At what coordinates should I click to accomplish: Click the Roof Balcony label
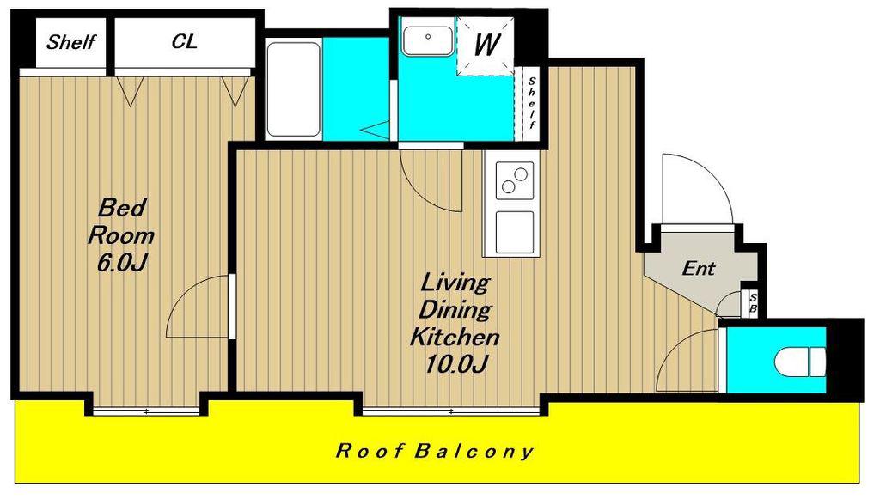[434, 452]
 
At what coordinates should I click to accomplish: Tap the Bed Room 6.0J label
[121, 235]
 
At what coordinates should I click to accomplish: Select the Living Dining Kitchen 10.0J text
[455, 323]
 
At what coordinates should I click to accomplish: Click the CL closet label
[185, 41]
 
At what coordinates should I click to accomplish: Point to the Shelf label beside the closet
[70, 41]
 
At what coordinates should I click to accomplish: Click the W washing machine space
[486, 45]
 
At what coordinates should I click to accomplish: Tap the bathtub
[293, 89]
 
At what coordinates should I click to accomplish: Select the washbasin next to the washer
[428, 40]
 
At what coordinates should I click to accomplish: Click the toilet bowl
[800, 362]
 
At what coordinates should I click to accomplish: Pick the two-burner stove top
[515, 180]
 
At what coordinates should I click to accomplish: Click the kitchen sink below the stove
[515, 232]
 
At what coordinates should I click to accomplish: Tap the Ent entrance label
[698, 269]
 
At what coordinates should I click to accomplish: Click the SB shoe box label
[753, 303]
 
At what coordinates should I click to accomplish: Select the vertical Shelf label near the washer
[531, 103]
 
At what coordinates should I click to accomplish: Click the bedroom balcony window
[146, 411]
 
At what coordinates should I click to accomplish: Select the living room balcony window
[450, 411]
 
